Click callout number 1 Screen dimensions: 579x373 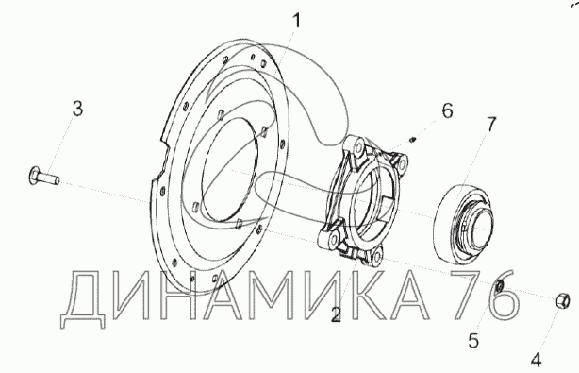tap(297, 21)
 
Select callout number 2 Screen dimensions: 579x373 tap(336, 314)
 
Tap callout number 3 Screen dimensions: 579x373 tap(77, 109)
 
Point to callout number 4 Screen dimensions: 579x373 tap(537, 360)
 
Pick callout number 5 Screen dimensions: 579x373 tap(473, 340)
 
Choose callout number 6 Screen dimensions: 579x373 tap(448, 110)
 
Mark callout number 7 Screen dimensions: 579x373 tap(491, 124)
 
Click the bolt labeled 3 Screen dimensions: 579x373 tap(43, 176)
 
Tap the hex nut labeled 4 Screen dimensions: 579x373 tap(563, 301)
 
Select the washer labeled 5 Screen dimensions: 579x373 tap(500, 286)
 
